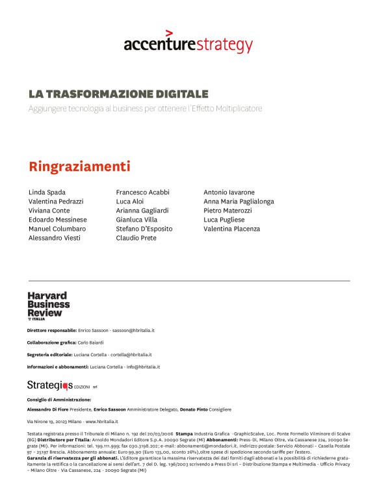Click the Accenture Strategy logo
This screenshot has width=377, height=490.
(x=188, y=43)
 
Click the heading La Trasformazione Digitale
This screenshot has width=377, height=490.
(x=118, y=94)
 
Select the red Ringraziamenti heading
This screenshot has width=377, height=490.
(x=79, y=166)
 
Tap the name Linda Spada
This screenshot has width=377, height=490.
(x=47, y=192)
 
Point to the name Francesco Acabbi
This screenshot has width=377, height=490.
(x=142, y=192)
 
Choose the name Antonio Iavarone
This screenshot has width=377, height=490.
(x=229, y=192)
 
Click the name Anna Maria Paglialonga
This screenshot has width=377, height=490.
(x=239, y=201)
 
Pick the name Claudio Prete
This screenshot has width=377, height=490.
(x=136, y=238)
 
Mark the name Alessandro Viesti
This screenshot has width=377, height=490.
(x=55, y=238)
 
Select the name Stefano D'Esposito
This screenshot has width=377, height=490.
(x=144, y=229)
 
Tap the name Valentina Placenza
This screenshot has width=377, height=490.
(x=231, y=229)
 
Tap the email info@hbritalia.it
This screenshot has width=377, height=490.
(x=138, y=367)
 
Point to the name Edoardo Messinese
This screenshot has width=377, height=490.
(x=58, y=220)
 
